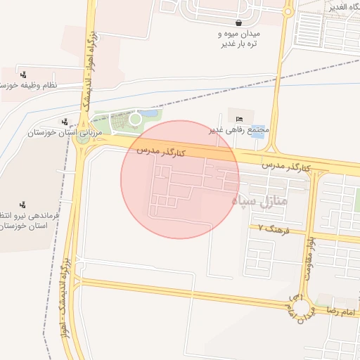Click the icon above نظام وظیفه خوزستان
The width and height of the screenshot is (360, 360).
[25, 74]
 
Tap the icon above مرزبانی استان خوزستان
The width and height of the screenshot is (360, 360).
[65, 122]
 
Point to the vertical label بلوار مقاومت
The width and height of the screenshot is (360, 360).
[309, 257]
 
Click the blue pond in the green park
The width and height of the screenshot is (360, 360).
[148, 113]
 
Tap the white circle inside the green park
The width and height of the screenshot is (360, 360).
[134, 119]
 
